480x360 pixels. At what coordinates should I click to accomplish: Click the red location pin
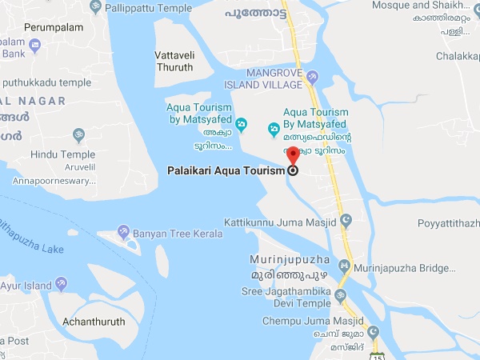click(x=293, y=155)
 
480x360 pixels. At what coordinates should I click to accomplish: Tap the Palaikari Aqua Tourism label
click(x=226, y=170)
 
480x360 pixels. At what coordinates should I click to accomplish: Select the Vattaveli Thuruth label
click(x=174, y=61)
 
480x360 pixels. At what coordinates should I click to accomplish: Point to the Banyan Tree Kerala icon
click(x=124, y=232)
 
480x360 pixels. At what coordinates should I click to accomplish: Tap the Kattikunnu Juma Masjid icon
click(x=346, y=219)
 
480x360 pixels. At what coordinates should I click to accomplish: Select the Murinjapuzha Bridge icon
click(x=345, y=265)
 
